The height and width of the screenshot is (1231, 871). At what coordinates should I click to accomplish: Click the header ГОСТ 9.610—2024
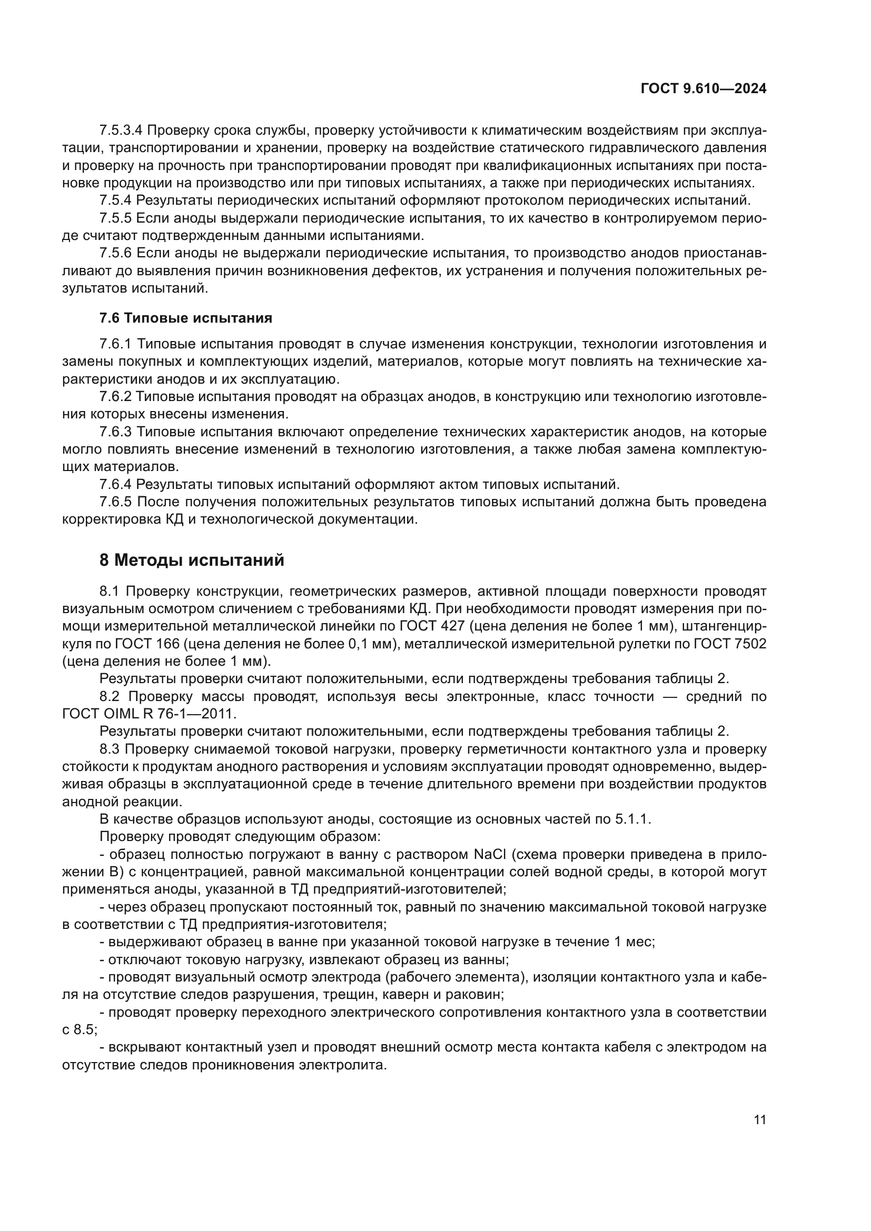coord(703,89)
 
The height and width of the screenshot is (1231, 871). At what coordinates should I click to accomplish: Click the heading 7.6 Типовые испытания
coord(185,318)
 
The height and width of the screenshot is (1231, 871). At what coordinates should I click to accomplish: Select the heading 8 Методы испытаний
coord(192,561)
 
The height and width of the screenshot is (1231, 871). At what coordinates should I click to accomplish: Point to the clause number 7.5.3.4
coord(121,131)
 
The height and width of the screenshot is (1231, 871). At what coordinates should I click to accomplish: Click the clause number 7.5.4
coord(115,201)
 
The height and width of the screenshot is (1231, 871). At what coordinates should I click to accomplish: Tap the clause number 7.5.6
coord(115,253)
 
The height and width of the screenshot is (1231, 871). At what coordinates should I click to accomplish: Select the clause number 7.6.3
coord(115,432)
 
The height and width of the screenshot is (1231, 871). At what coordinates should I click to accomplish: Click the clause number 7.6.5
coord(115,502)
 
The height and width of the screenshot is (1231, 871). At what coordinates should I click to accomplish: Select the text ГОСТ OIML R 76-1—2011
coord(149,714)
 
